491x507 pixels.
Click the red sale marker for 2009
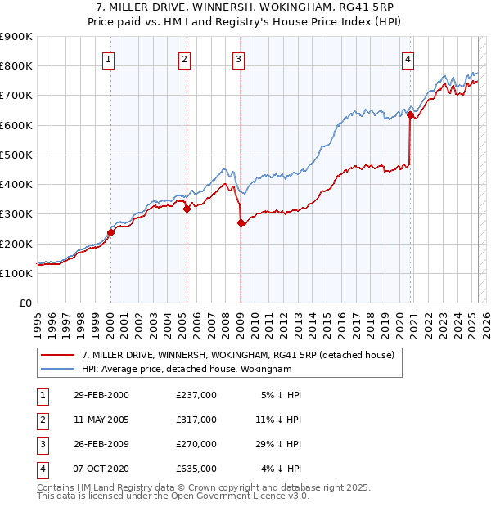coord(241,222)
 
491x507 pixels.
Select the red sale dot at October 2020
coord(409,115)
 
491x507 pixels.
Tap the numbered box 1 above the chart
coord(110,58)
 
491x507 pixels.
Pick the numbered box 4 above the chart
coord(408,58)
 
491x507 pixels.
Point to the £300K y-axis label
coord(16,214)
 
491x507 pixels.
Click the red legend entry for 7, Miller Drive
coord(238,355)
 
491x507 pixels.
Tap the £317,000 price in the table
coord(196,420)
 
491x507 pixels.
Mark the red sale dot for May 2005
coord(187,209)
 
